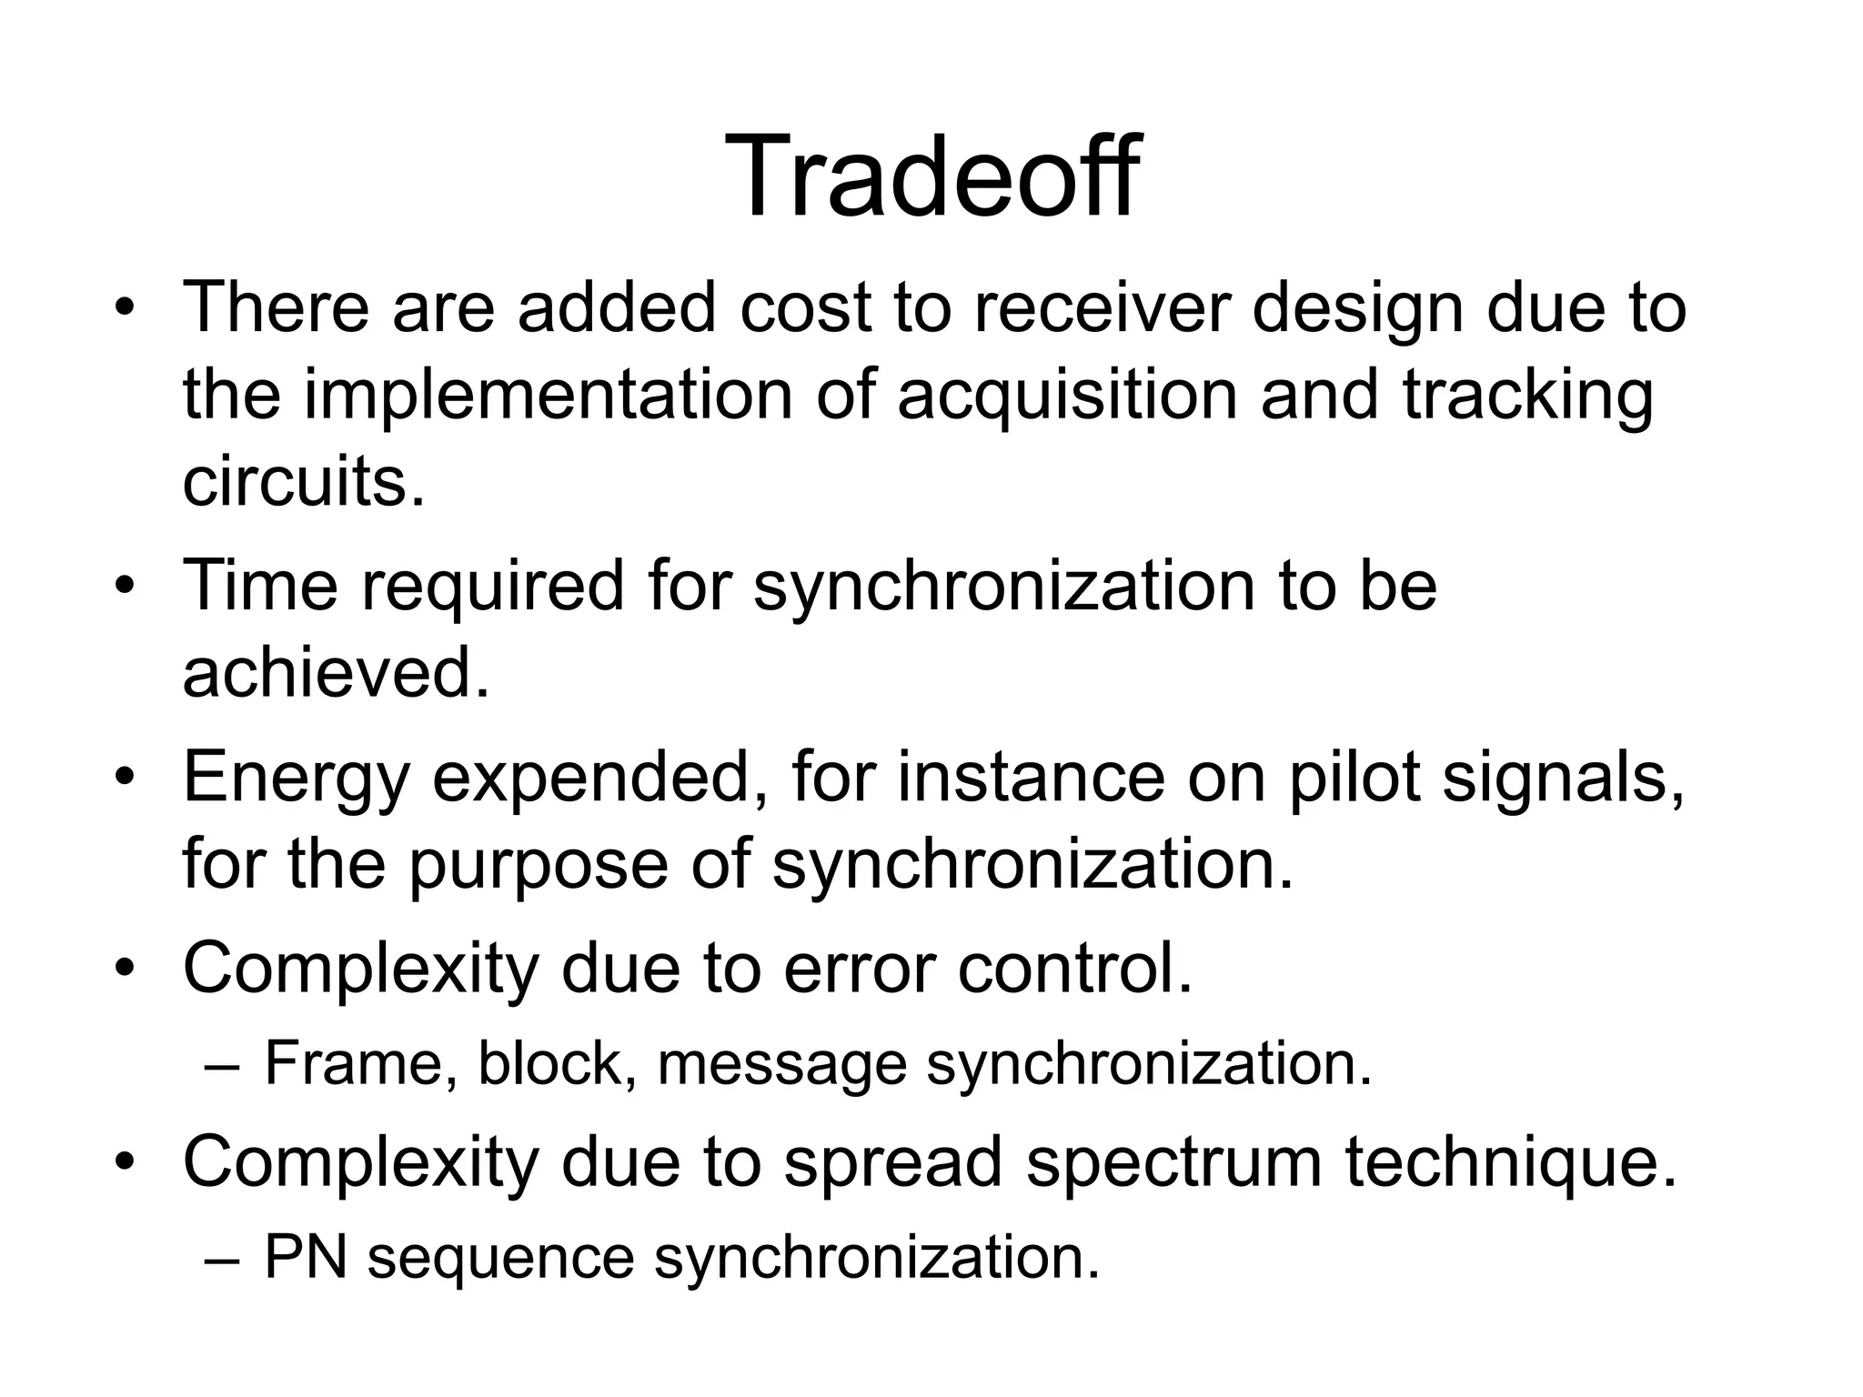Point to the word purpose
(x=538, y=864)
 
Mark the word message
(x=782, y=1064)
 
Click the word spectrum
(x=1173, y=1162)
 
